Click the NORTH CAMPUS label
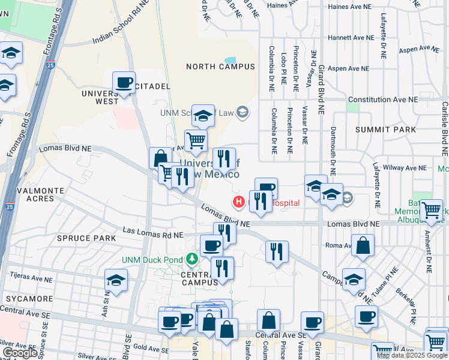(x=220, y=67)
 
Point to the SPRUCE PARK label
(x=78, y=238)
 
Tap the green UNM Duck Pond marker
(x=192, y=259)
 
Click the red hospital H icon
(x=238, y=202)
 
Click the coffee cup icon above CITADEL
(x=124, y=82)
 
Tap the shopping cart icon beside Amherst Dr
(x=432, y=210)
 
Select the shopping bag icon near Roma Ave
(x=363, y=245)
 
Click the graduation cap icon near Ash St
(x=116, y=280)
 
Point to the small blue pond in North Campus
(x=230, y=61)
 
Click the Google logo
(x=20, y=353)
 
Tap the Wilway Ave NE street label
(x=406, y=169)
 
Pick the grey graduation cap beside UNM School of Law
(x=243, y=112)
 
